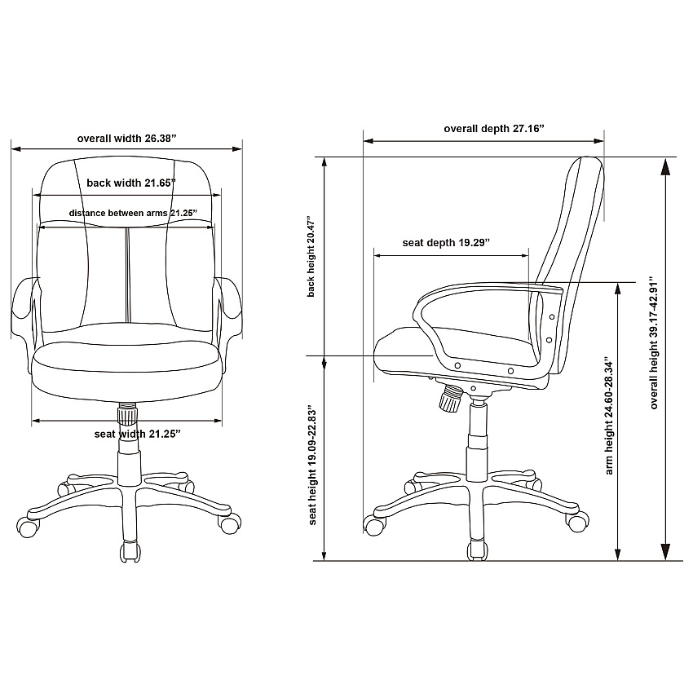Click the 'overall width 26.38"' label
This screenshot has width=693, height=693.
(127, 139)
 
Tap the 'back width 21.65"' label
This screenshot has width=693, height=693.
(131, 183)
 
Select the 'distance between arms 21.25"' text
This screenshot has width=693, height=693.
(133, 213)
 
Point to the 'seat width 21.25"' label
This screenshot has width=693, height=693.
(138, 434)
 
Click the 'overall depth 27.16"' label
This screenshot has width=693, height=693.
(494, 129)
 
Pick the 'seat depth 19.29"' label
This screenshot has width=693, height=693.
(447, 243)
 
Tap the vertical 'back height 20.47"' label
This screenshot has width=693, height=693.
(311, 256)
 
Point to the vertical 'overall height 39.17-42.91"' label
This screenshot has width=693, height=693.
(654, 342)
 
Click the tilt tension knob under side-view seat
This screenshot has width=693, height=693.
(450, 397)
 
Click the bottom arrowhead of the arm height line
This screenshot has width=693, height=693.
(618, 554)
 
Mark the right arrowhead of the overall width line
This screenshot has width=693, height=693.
(237, 149)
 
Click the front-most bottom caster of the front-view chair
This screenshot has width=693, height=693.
(130, 552)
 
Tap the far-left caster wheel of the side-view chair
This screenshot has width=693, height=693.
(374, 526)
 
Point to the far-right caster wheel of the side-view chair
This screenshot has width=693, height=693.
(578, 522)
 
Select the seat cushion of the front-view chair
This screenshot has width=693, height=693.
(126, 370)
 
